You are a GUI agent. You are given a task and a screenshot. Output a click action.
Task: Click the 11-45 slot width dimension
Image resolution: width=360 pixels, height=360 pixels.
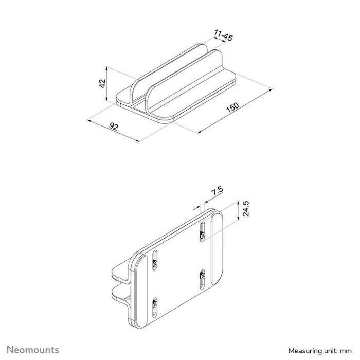pos(222,37)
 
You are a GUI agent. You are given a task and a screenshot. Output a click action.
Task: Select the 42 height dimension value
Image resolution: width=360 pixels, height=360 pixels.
pos(102,83)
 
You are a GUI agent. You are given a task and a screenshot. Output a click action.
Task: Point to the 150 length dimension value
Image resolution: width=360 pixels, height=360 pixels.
pos(233,107)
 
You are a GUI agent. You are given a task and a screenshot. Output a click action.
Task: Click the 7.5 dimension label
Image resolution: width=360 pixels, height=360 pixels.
pos(217,191)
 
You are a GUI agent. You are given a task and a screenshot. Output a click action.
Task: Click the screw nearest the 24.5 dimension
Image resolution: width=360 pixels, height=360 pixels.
pos(203,235)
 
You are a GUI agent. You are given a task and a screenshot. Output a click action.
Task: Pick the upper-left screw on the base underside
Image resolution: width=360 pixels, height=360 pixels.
pos(155,263)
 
